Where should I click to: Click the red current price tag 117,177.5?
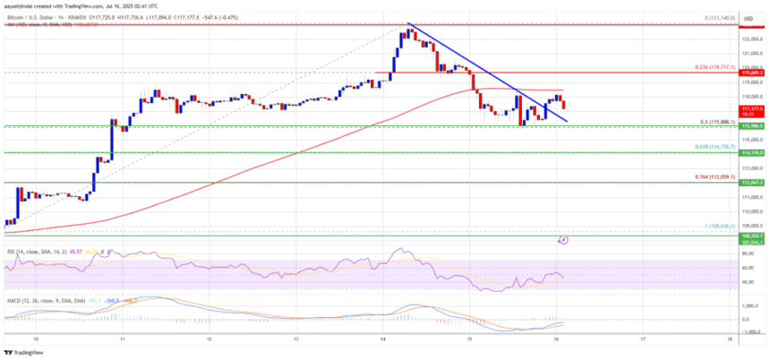[750, 108]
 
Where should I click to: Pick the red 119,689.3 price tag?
[750, 73]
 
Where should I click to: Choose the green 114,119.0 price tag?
[750, 153]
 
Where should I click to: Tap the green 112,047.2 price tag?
[750, 182]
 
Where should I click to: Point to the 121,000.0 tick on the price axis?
[750, 53]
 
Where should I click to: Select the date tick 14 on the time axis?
[381, 340]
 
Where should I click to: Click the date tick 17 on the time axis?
[643, 340]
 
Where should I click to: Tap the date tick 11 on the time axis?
[120, 340]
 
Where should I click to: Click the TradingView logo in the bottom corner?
[27, 351]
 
